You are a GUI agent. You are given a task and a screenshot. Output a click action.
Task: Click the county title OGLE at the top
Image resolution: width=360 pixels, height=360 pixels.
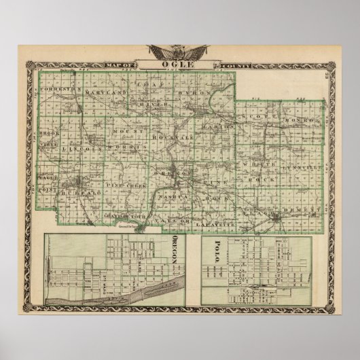pos(179,65)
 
